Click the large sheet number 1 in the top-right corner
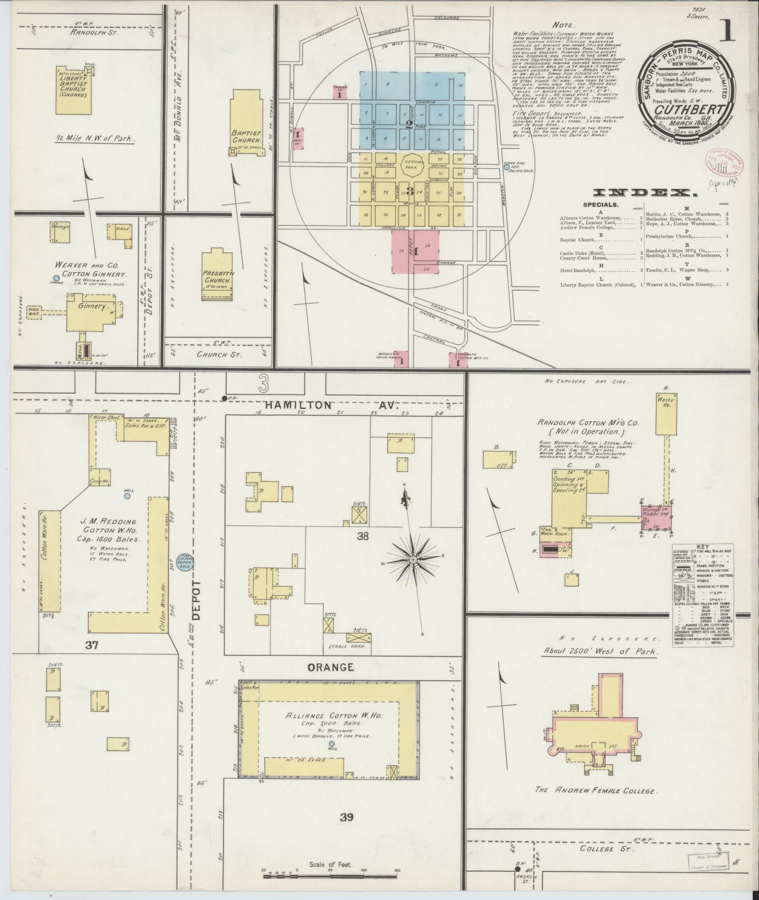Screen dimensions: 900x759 pyautogui.click(x=729, y=32)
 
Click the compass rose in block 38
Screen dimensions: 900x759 pyautogui.click(x=413, y=559)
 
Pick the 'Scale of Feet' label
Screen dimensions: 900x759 pyautogui.click(x=331, y=864)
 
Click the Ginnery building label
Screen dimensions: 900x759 pyautogui.click(x=91, y=306)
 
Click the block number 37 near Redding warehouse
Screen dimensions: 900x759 pyautogui.click(x=91, y=645)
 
